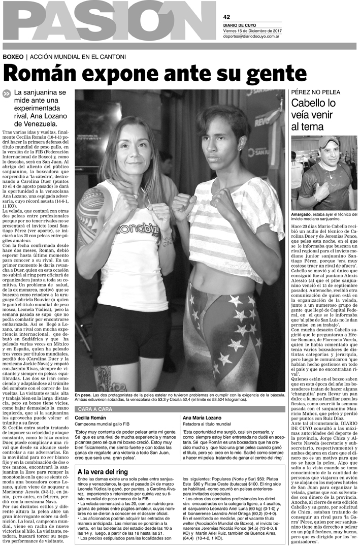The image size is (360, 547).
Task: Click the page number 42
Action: [226, 17]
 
